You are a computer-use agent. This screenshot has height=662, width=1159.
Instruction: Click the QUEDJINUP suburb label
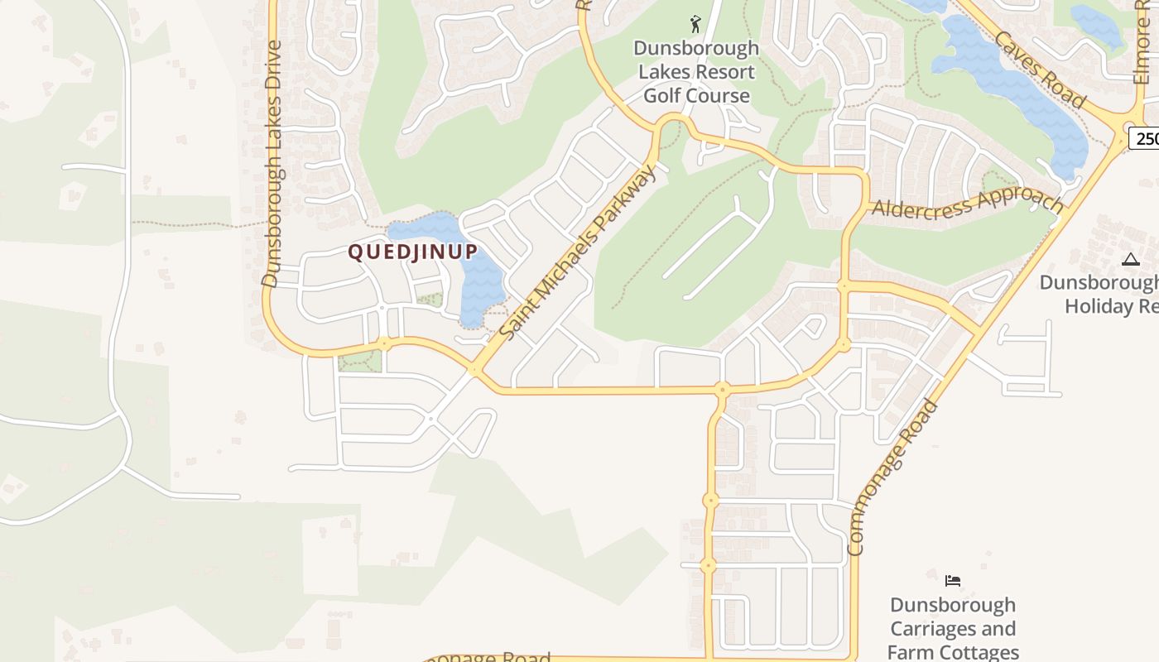(412, 252)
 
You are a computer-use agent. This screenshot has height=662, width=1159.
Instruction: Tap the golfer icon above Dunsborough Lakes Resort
(695, 24)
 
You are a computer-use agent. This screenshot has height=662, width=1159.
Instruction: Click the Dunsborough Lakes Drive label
(272, 163)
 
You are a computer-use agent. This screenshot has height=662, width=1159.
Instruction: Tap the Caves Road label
(1040, 70)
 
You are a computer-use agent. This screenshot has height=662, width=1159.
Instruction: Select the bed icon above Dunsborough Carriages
(953, 581)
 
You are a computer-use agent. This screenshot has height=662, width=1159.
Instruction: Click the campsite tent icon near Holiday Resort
(1131, 259)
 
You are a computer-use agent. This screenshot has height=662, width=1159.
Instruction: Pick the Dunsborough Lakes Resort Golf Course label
(696, 72)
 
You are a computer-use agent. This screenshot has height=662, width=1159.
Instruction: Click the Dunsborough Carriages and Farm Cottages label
(953, 629)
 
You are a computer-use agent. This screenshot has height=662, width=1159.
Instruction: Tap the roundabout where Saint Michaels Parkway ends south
(475, 370)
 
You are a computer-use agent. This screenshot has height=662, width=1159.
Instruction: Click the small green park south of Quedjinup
(361, 361)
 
